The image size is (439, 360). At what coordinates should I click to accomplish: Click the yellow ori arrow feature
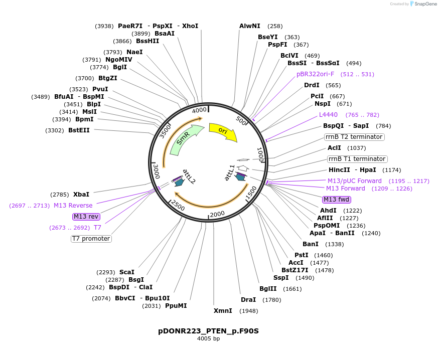tap(222, 131)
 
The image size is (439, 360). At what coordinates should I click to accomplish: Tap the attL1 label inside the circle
tap(229, 172)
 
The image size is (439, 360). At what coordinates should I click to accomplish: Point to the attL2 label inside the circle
tap(189, 175)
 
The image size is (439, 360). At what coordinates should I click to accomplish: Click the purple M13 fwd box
tap(336, 200)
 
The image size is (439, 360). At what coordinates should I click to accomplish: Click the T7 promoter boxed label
tap(91, 239)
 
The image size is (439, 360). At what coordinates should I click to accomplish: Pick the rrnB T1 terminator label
tap(357, 159)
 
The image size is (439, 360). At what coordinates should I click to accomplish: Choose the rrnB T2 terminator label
tap(354, 137)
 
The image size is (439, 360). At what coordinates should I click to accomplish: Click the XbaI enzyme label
tap(81, 194)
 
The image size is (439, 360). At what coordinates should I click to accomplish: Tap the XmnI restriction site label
tap(223, 311)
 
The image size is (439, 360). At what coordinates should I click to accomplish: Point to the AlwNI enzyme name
tap(250, 26)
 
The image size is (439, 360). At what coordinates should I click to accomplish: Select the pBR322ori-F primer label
tap(315, 74)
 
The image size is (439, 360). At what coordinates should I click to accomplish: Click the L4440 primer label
tap(328, 115)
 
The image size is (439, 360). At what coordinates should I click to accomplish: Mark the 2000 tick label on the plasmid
tap(217, 214)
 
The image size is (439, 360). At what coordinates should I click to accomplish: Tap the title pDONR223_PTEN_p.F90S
tap(208, 331)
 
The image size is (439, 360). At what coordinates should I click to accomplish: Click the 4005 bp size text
tap(208, 339)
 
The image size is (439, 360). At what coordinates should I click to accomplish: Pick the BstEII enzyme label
tap(79, 130)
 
